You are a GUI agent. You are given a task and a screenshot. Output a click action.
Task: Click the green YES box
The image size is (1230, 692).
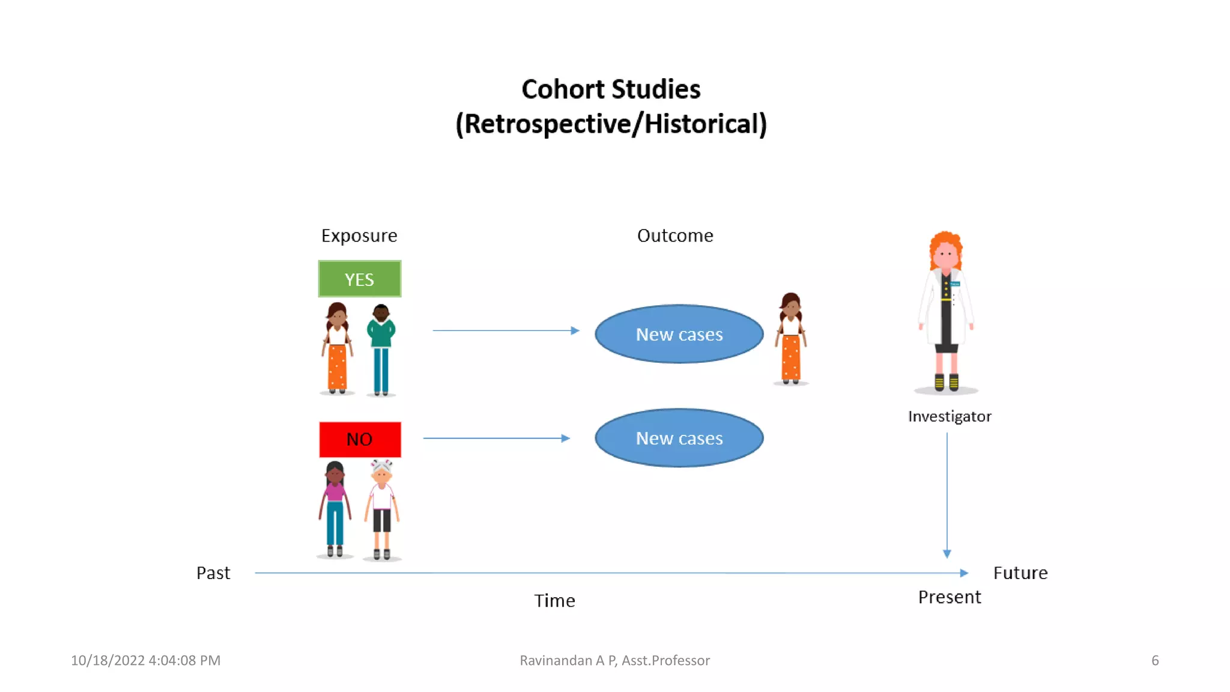tap(359, 279)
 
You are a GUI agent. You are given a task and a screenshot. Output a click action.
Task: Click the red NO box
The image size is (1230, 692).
tap(359, 439)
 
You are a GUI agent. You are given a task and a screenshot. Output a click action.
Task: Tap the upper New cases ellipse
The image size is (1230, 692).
tap(679, 334)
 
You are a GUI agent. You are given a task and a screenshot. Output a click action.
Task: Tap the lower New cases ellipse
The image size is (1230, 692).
tap(679, 438)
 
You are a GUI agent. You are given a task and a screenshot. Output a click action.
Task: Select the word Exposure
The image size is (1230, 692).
tap(359, 235)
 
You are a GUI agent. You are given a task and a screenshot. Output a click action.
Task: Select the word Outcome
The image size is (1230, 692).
tap(675, 235)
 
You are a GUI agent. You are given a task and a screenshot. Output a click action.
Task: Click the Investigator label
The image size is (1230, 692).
tap(949, 416)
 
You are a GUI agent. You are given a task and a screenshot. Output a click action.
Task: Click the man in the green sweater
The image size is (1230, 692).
tap(381, 348)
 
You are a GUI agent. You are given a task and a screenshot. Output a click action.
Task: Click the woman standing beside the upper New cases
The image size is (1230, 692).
tap(790, 339)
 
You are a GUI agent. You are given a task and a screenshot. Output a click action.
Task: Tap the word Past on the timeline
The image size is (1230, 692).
tap(213, 573)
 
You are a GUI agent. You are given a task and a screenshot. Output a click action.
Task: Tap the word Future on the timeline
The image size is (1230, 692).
tap(1020, 573)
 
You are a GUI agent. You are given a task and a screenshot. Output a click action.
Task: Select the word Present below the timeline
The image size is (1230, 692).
tap(949, 597)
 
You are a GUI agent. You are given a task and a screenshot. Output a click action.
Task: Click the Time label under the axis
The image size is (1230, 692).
tap(554, 601)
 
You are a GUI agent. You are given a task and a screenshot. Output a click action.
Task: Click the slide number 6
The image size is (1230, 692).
tap(1154, 660)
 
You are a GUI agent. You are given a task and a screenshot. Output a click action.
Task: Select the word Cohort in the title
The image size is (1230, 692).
tap(562, 90)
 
